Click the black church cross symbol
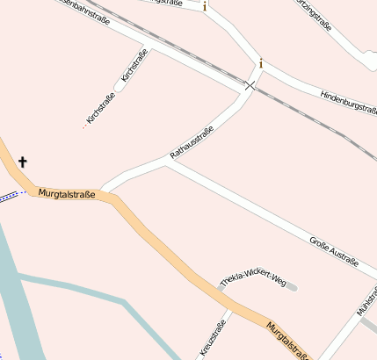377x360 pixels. [x=23, y=162]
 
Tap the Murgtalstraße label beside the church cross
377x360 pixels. [x=67, y=193]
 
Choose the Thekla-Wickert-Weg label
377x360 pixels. [x=253, y=280]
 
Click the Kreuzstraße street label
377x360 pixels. [x=214, y=338]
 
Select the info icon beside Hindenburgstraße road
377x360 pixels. [x=260, y=63]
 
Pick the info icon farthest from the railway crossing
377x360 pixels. [x=205, y=7]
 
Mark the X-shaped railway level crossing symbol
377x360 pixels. [x=250, y=86]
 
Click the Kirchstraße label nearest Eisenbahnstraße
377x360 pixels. [x=134, y=67]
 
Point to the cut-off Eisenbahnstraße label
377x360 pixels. [x=83, y=10]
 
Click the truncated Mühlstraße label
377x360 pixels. [x=366, y=300]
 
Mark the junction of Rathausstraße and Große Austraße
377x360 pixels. [x=166, y=162]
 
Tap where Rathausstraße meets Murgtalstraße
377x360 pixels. [x=102, y=191]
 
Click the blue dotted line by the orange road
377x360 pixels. [x=9, y=195]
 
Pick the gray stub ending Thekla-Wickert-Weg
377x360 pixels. [x=293, y=287]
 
